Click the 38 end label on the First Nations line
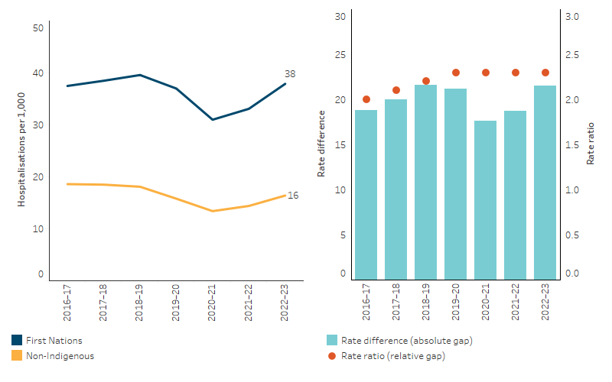(290, 74)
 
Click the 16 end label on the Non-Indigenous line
(292, 196)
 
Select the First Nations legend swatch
(17, 341)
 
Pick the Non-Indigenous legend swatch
(17, 355)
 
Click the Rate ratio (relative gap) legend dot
(331, 355)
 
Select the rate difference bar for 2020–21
(486, 199)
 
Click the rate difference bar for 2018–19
(426, 182)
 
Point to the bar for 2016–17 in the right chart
(366, 194)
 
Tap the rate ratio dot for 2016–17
(366, 99)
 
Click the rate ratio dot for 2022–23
(545, 73)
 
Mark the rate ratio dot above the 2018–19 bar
(426, 81)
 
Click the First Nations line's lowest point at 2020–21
(213, 120)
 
